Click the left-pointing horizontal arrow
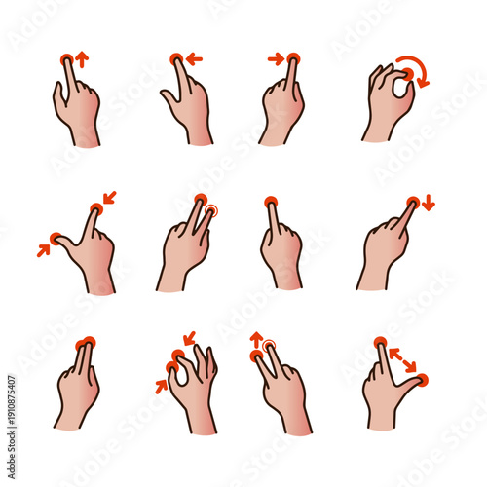tap(194, 59)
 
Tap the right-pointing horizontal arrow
tap(275, 59)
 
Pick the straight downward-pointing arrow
tap(429, 204)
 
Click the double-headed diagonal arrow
tap(403, 359)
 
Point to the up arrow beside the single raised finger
tap(82, 59)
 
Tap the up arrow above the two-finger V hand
tap(257, 340)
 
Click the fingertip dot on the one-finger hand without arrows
tap(271, 202)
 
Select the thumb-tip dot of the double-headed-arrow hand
tap(423, 378)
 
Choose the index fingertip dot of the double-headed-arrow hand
tap(380, 342)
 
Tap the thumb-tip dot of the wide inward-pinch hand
tap(56, 238)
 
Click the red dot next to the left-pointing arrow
tap(176, 59)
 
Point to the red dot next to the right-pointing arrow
tap(293, 59)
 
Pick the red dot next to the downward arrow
tap(413, 202)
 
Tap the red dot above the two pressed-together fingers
tap(86, 342)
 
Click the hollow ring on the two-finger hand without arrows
tap(211, 208)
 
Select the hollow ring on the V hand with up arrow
tap(270, 344)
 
